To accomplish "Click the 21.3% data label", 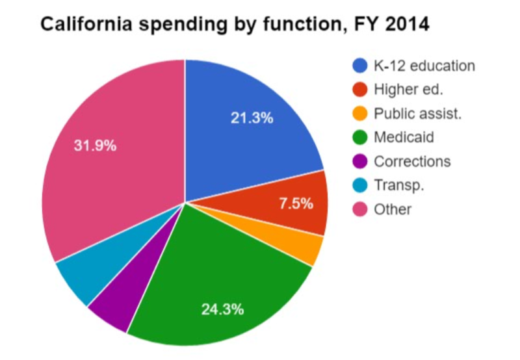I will pyautogui.click(x=252, y=118).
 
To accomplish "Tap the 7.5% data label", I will pyautogui.click(x=296, y=203).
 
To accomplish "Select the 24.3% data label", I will pyautogui.click(x=223, y=309).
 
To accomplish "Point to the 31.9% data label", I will pyautogui.click(x=96, y=146).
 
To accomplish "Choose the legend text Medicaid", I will pyautogui.click(x=403, y=137).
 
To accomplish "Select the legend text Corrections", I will pyautogui.click(x=412, y=161).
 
